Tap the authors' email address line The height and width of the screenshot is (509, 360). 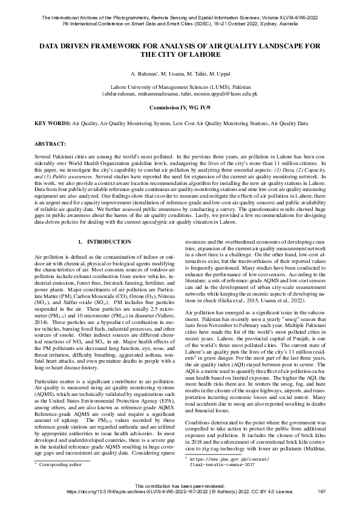[180, 95]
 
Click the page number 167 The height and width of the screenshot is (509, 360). [321, 491]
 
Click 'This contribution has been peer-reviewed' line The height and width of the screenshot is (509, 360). [180, 485]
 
